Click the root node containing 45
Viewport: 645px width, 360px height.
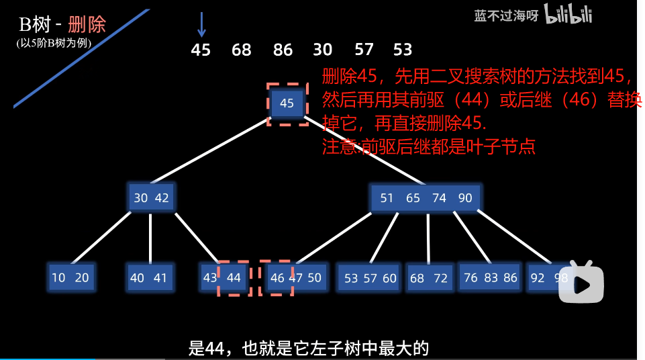287,103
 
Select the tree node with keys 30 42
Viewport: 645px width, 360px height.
151,197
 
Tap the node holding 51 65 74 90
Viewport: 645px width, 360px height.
426,197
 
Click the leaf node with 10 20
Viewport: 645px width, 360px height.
70,277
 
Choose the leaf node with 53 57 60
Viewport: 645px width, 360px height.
370,278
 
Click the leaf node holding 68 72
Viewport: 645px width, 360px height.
429,278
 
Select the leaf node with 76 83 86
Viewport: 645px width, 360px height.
490,277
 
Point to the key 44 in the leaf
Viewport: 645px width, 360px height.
234,277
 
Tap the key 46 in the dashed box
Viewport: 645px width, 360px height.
277,277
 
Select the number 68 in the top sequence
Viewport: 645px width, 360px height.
242,50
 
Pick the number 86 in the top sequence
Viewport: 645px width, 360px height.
283,50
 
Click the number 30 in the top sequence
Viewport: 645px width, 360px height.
323,50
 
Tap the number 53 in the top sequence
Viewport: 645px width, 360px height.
403,50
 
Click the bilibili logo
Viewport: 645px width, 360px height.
568,14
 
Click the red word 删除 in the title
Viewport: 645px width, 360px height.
87,25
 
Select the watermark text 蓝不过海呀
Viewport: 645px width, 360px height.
506,16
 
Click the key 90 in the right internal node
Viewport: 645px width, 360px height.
465,198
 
